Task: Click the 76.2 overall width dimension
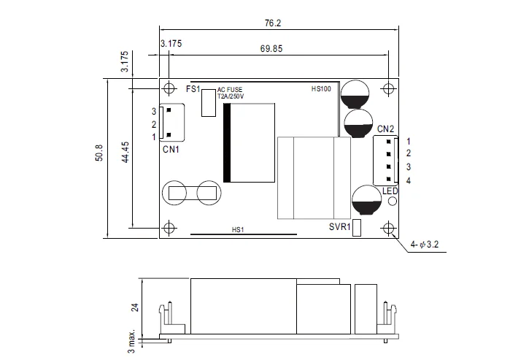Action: pyautogui.click(x=273, y=23)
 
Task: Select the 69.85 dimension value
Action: pyautogui.click(x=271, y=49)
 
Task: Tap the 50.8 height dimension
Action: pyautogui.click(x=99, y=153)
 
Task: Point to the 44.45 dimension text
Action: pyautogui.click(x=126, y=153)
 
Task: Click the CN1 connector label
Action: pyautogui.click(x=171, y=149)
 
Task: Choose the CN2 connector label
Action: pyautogui.click(x=385, y=129)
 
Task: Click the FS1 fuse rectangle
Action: pyautogui.click(x=209, y=103)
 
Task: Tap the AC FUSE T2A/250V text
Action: pyautogui.click(x=231, y=93)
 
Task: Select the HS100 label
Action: pyautogui.click(x=321, y=89)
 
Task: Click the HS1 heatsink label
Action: pyautogui.click(x=238, y=230)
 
